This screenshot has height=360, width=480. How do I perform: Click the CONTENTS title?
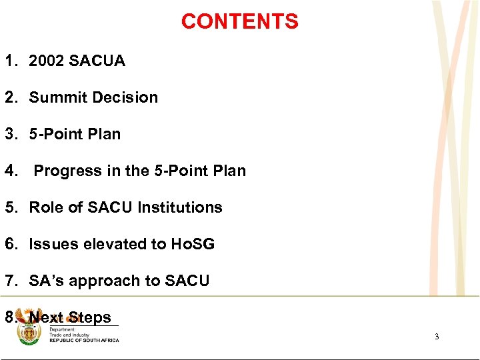coord(239,22)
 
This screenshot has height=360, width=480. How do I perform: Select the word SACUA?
coord(99,61)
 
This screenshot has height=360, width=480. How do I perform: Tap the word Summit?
coord(55,97)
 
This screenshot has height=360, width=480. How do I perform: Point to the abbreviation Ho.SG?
coord(192,244)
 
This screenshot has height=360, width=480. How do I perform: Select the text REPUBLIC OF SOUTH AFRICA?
coord(84,341)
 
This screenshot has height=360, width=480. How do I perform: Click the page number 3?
coord(437,337)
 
